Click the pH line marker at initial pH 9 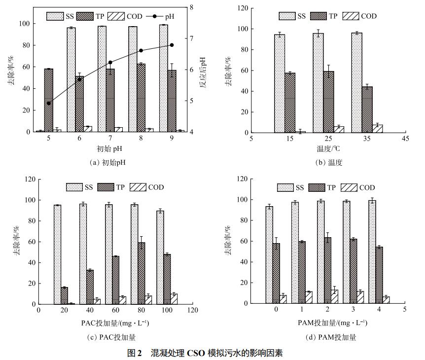click(x=172, y=45)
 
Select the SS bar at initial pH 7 click(x=102, y=79)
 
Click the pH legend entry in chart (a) click(x=162, y=16)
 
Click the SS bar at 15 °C click(x=280, y=83)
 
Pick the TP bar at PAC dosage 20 click(x=64, y=296)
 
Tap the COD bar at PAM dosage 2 click(x=335, y=297)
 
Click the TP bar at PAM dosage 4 click(x=379, y=276)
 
